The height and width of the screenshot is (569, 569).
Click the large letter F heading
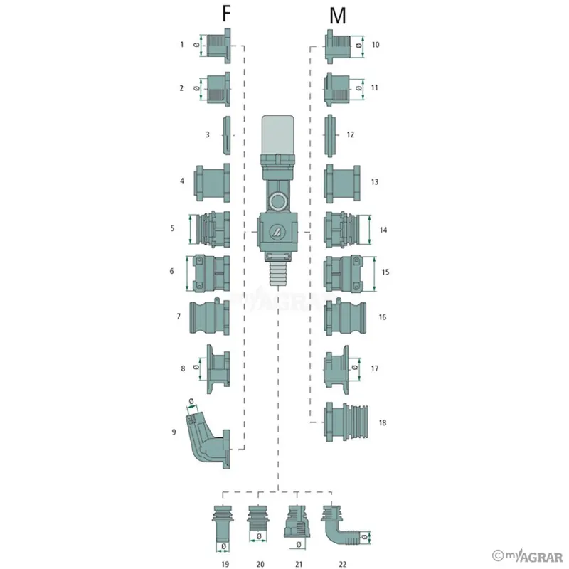pos(226,14)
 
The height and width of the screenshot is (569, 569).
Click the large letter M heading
pos(337,16)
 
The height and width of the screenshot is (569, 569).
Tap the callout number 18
pos(383,422)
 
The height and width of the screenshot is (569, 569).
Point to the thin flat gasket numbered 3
pos(226,135)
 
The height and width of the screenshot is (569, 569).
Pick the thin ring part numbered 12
pos(329,136)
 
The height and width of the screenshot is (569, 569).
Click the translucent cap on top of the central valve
pos(277,135)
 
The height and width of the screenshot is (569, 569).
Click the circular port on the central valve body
pos(278,201)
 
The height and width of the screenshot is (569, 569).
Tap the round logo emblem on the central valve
pos(277,232)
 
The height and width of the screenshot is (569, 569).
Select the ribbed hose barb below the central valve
pos(277,274)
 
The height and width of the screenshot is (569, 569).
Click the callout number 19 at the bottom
pos(225,564)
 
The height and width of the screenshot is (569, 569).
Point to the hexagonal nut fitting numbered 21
pos(297,522)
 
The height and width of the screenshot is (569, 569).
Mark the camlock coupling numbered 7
pos(209,317)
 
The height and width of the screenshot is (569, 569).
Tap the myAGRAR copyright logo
pos(527,556)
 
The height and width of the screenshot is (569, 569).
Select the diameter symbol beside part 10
pos(358,46)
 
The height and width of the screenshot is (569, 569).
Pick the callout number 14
pos(383,230)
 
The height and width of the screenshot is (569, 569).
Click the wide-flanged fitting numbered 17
pos(336,369)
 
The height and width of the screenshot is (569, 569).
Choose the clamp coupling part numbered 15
pos(343,273)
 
